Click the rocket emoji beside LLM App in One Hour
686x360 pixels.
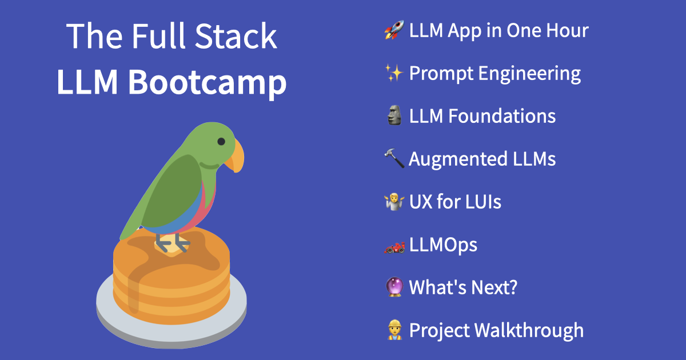tap(394, 30)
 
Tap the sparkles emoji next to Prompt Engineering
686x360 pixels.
tap(394, 73)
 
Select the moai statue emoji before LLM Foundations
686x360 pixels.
tap(394, 116)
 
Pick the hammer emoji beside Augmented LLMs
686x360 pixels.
tap(394, 159)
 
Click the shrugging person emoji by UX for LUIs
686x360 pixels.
tap(394, 202)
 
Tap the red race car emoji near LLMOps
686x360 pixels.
tap(394, 245)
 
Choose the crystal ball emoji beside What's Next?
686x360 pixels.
tap(394, 287)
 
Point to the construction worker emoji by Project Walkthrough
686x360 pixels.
tap(394, 330)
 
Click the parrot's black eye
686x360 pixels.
tap(221, 141)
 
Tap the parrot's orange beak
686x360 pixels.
tap(236, 157)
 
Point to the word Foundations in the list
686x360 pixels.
tap(501, 116)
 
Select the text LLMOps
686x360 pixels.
tap(443, 245)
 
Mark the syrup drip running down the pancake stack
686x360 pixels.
tap(133, 291)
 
